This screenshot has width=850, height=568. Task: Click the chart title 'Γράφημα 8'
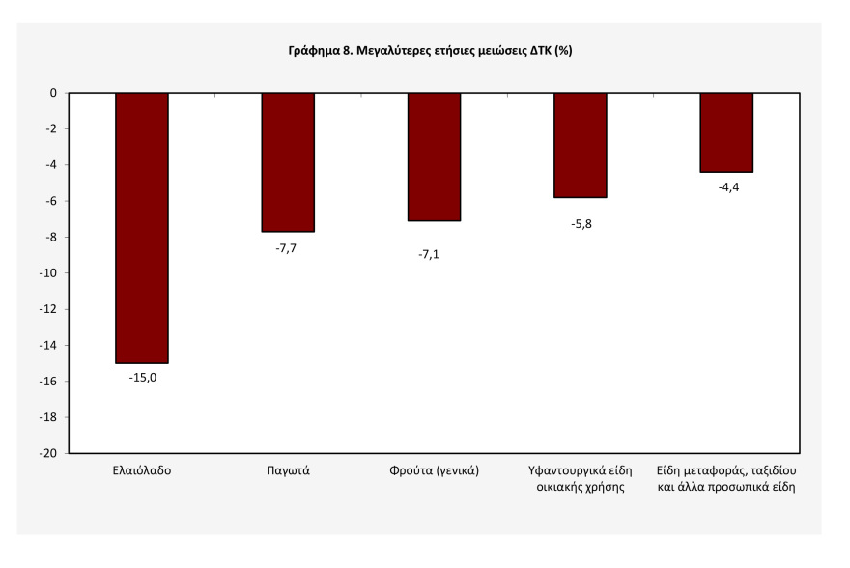point(321,51)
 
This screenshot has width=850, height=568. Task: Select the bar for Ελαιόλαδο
point(142,228)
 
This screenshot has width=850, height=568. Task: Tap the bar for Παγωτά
point(288,162)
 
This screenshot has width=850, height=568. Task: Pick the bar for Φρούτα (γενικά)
point(435,157)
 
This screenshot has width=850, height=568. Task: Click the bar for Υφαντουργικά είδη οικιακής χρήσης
point(581,145)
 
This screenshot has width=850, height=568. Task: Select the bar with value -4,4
point(726,132)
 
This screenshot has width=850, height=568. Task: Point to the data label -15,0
point(143,378)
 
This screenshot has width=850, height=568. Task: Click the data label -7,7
point(286,248)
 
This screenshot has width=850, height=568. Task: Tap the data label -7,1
point(429,254)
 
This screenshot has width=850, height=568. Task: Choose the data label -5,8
point(581,224)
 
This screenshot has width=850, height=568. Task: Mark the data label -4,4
point(728,187)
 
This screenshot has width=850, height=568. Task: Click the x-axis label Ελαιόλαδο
point(142,470)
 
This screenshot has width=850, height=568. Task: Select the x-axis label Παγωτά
point(288,470)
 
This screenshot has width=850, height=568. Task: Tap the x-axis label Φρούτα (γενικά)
point(435,470)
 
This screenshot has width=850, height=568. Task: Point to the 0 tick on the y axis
point(53,93)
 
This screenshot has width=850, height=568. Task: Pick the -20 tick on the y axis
point(47,453)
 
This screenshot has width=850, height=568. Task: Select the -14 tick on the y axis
point(47,345)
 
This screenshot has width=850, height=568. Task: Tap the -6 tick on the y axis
point(50,201)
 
